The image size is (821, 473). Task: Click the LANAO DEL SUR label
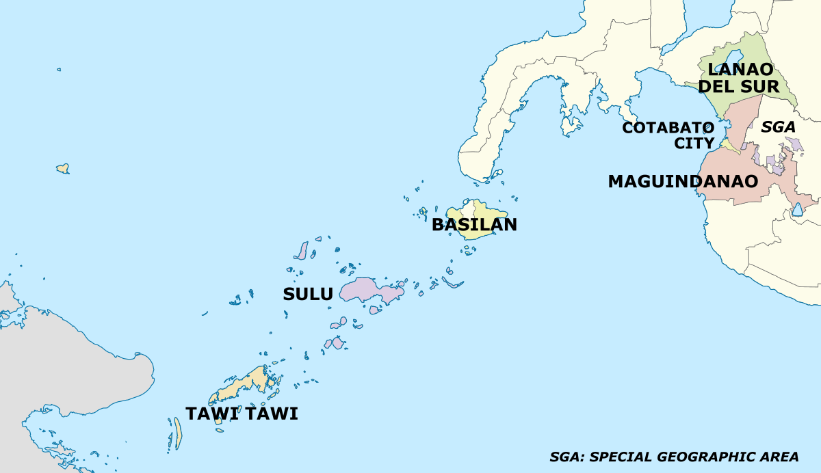pyautogui.click(x=740, y=78)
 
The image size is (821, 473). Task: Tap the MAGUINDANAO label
pyautogui.click(x=683, y=182)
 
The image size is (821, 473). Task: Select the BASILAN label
pyautogui.click(x=474, y=224)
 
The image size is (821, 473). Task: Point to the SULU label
pyautogui.click(x=308, y=295)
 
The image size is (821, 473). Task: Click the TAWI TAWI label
pyautogui.click(x=242, y=414)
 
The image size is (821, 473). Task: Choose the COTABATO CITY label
pyautogui.click(x=668, y=135)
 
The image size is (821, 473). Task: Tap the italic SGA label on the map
pyautogui.click(x=779, y=126)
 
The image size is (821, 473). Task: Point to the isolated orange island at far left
pyautogui.click(x=62, y=168)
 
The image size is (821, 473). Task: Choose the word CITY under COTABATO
pyautogui.click(x=694, y=144)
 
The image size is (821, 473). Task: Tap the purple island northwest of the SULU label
pyautogui.click(x=301, y=251)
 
